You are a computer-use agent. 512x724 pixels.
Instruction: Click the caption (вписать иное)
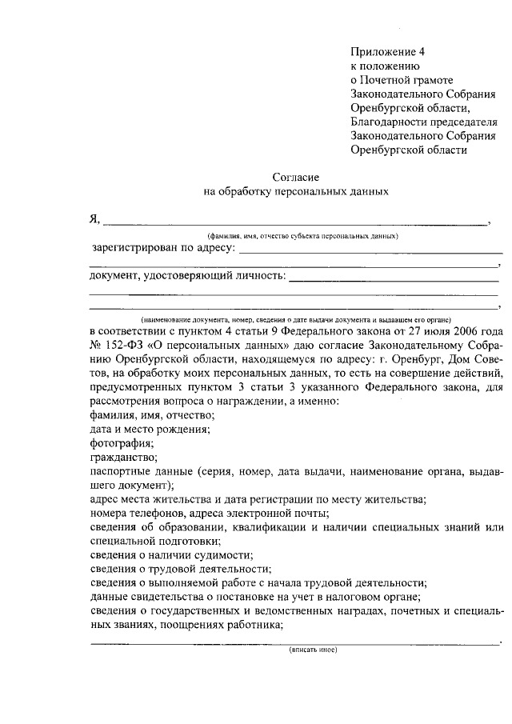(x=313, y=649)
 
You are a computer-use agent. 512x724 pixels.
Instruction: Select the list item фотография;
(x=122, y=442)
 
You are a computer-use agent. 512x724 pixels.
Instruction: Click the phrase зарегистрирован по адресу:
(x=164, y=248)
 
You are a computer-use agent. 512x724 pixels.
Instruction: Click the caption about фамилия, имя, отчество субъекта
(x=302, y=236)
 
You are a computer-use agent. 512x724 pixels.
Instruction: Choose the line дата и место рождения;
(x=150, y=429)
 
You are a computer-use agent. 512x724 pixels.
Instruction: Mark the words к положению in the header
(x=386, y=66)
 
